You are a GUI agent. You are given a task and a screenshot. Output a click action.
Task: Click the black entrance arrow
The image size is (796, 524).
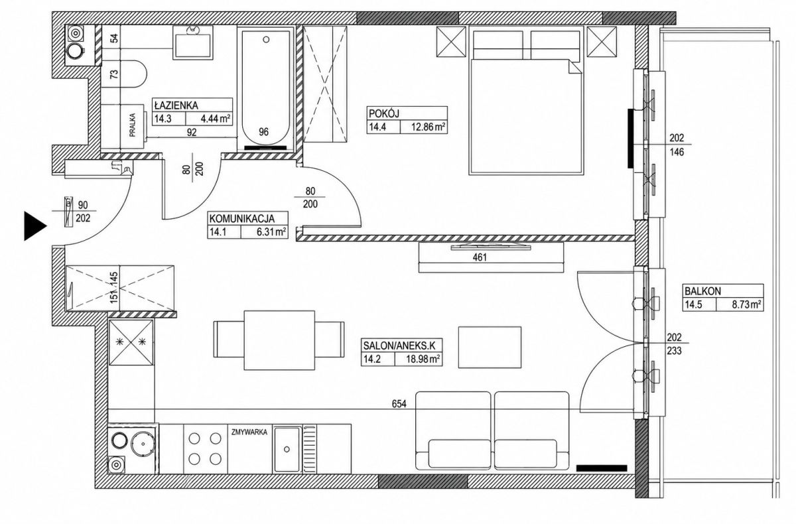point(34,226)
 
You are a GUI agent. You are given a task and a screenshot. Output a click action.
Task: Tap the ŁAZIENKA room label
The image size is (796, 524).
point(176,105)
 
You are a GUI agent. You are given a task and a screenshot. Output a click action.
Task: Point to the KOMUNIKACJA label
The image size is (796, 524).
point(241,218)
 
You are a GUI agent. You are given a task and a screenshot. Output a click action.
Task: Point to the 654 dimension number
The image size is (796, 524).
point(399,403)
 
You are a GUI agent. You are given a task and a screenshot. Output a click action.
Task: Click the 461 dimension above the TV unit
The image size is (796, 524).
point(480,257)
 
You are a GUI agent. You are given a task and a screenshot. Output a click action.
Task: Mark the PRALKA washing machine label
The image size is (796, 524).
point(132,125)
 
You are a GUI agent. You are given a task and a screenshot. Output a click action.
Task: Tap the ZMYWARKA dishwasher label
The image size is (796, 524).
point(249,432)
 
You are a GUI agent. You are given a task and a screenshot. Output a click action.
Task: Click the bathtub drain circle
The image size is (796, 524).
point(267,39)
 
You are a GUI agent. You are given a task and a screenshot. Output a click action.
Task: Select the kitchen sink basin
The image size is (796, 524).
point(287,450)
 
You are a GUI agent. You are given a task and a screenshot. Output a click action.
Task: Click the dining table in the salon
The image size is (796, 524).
point(279,340)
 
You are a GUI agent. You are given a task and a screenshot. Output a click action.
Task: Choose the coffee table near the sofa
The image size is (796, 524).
point(490,347)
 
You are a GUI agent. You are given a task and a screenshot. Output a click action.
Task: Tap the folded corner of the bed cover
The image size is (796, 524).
point(575,67)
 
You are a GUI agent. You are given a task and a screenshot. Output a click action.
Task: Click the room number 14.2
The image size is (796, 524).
point(372,359)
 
